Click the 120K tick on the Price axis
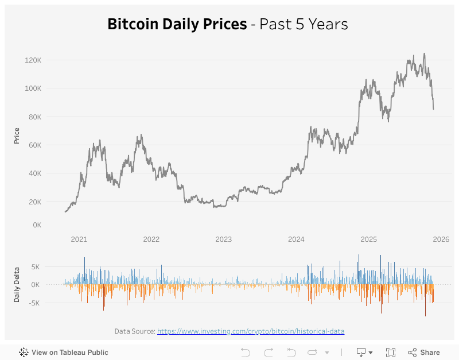[33, 60]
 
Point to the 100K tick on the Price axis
[33, 88]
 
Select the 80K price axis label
[34, 117]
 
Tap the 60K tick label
[34, 145]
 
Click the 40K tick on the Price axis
[34, 173]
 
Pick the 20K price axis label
[34, 202]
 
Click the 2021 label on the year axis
[79, 239]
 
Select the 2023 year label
[223, 239]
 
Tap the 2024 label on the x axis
[295, 239]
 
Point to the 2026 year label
[440, 239]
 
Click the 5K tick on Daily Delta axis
[36, 267]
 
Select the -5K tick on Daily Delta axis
[34, 303]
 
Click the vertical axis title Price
[17, 136]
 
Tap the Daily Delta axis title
[17, 285]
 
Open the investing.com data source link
[251, 331]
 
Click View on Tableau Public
[64, 353]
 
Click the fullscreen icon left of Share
[391, 353]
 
